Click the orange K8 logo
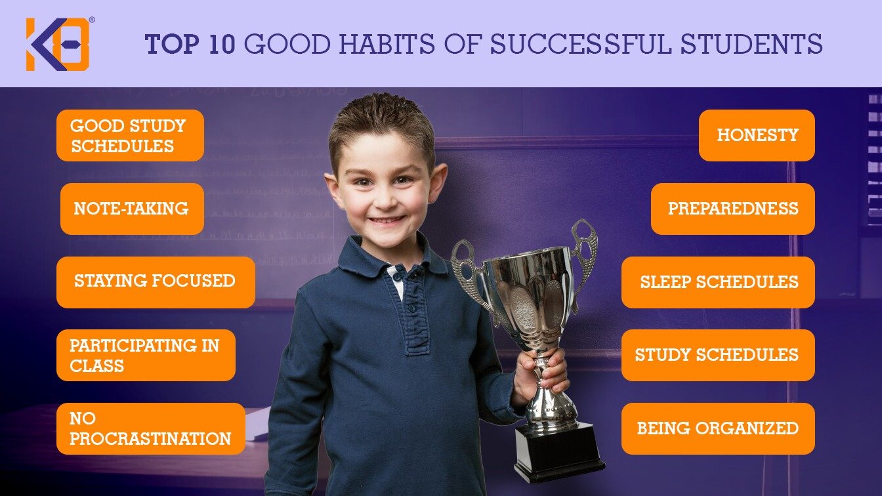tap(58, 44)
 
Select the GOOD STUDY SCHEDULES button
tap(130, 135)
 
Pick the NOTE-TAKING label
tap(132, 209)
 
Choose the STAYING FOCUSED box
tap(156, 281)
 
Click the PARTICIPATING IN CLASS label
tap(146, 355)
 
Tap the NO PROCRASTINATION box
tap(151, 428)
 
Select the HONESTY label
tap(757, 135)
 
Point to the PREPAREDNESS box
tap(732, 209)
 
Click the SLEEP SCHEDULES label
tap(718, 282)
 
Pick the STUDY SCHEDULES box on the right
tap(718, 355)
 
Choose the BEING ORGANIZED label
tap(718, 428)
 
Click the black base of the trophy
tap(558, 453)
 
